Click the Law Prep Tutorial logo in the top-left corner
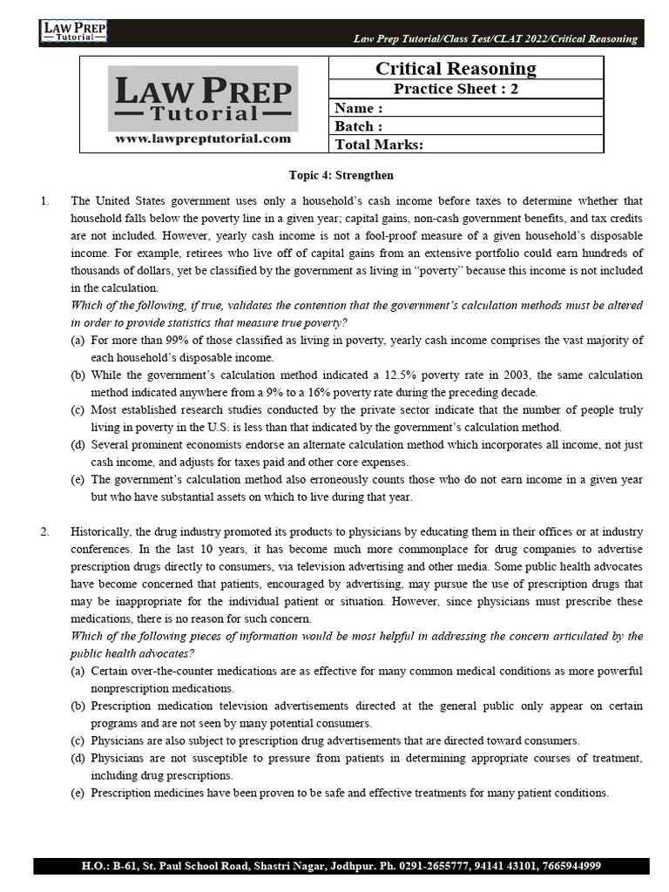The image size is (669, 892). click(x=73, y=32)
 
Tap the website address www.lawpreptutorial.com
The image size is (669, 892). click(x=202, y=139)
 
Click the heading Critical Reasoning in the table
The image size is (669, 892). click(x=455, y=69)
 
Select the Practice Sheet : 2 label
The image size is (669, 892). click(x=455, y=89)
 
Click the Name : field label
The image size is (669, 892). click(x=359, y=108)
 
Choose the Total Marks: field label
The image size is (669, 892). click(x=379, y=145)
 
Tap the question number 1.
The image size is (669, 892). click(x=44, y=201)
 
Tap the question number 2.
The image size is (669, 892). click(x=44, y=531)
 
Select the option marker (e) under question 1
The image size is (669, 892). click(x=78, y=480)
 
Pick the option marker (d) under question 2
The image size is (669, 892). click(x=78, y=759)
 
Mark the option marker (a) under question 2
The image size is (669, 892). click(x=78, y=672)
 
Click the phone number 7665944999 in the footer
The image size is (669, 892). click(x=567, y=867)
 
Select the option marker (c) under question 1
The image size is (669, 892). click(x=78, y=410)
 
